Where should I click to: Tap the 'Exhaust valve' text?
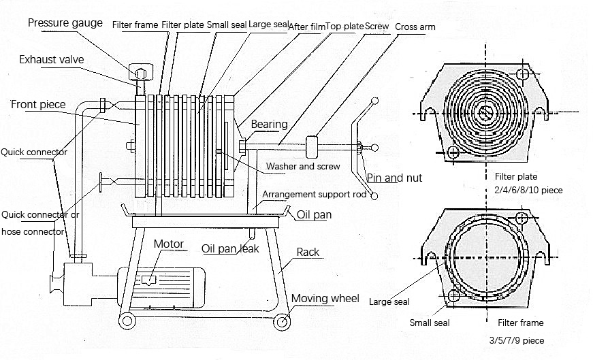tap(52, 60)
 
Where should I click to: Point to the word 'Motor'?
tap(168, 244)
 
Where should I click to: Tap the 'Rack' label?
tap(308, 252)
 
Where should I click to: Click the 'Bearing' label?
tap(269, 125)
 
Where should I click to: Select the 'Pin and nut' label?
tap(394, 178)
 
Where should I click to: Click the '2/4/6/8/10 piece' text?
tap(529, 191)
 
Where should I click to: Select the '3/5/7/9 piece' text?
tap(517, 340)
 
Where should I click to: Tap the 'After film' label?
tap(306, 27)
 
